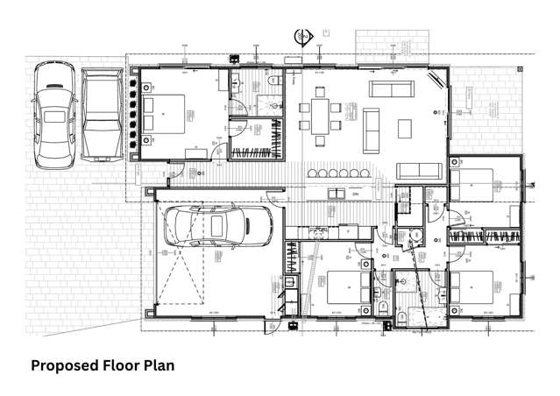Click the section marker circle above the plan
pos(303,36)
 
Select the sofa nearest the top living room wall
pos(390,88)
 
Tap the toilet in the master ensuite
pos(274,80)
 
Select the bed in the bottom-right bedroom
pos(473,287)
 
